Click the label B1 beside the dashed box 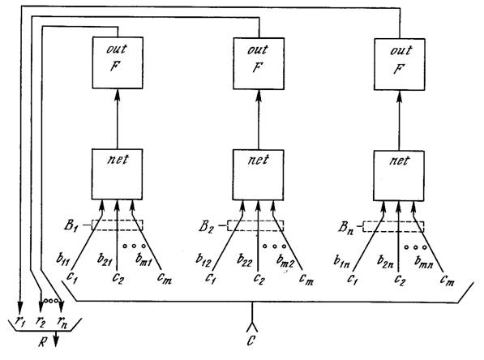click(71, 225)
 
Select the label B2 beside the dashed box click(206, 226)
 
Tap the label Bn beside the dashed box click(346, 228)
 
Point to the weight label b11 click(63, 259)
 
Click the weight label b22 click(245, 260)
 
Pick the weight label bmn click(423, 262)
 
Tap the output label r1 click(20, 322)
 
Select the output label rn click(62, 322)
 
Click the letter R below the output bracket click(43, 342)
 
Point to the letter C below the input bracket click(251, 341)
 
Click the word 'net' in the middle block click(259, 161)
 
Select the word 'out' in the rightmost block click(401, 50)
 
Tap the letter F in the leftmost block click(115, 66)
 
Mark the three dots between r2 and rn click(51, 301)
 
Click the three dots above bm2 click(274, 246)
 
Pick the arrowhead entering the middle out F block click(259, 96)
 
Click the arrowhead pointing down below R click(56, 341)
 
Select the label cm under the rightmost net click(447, 281)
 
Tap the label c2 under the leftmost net click(118, 278)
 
